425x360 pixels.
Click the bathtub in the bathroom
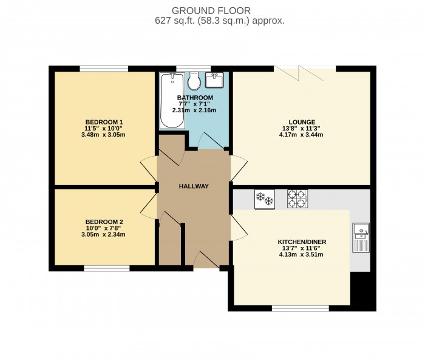point(172,100)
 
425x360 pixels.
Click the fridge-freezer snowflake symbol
point(263,198)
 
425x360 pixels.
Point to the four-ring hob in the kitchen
point(297,198)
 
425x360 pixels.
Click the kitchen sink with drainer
point(361,237)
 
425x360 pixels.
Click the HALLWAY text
point(194,186)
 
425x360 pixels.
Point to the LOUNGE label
point(302,121)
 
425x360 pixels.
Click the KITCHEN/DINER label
point(302,242)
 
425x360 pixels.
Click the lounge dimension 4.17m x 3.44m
point(302,135)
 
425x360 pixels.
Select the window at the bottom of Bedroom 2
point(106,268)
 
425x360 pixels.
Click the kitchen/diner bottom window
point(301,308)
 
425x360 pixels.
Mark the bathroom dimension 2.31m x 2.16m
point(194,110)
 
